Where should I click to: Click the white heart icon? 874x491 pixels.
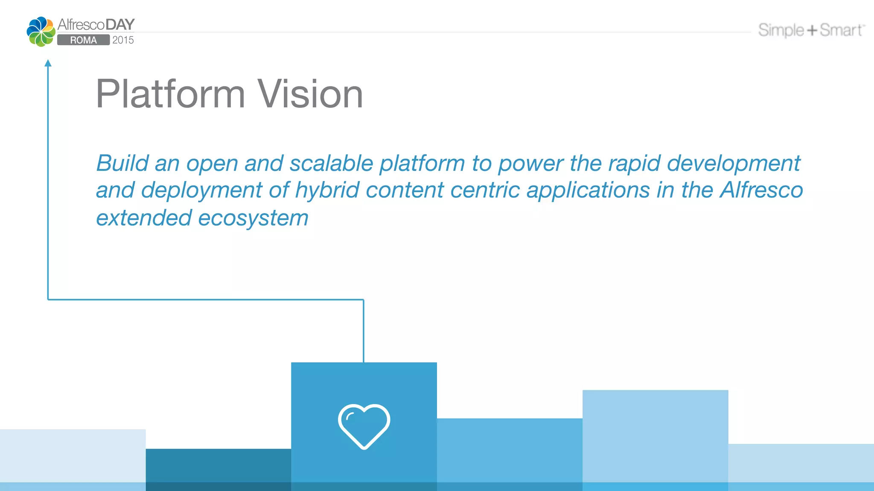coord(364,426)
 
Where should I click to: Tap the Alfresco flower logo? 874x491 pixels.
coord(41,32)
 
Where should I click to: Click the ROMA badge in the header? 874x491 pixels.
coord(83,40)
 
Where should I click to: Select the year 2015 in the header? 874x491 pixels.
coord(123,40)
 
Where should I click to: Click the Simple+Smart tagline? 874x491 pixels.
coord(811,30)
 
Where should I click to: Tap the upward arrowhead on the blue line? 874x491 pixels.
coord(48,64)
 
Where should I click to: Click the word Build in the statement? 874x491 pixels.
coord(122,163)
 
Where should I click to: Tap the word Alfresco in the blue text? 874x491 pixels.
coord(761,190)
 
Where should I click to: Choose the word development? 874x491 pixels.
coord(734,163)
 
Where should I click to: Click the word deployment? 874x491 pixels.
coord(201,190)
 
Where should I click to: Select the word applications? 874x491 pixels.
coord(588,190)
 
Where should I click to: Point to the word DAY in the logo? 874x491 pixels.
coord(120,25)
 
